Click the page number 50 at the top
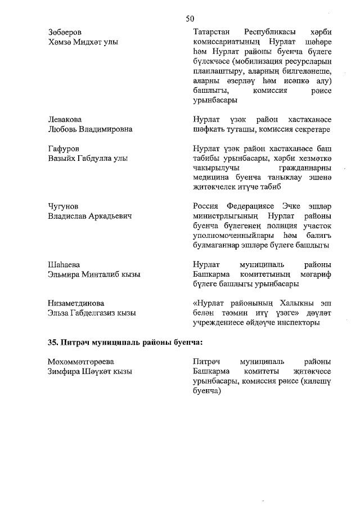pyautogui.click(x=190, y=19)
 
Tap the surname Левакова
pyautogui.click(x=65, y=120)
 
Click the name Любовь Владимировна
pyautogui.click(x=90, y=129)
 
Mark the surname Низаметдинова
pyautogui.click(x=76, y=304)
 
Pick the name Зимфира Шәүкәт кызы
pyautogui.click(x=90, y=371)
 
